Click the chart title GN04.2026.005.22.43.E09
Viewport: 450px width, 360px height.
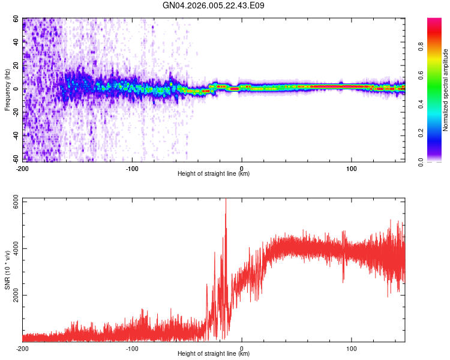coord(214,5)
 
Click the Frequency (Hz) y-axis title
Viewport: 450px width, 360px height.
coord(7,89)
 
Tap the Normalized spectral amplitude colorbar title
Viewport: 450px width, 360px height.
coord(446,90)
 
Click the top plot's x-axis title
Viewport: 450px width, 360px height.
coord(214,173)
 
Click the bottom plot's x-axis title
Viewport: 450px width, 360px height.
coord(214,354)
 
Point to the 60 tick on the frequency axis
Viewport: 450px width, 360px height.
coord(16,19)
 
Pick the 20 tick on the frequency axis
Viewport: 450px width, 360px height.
coord(16,65)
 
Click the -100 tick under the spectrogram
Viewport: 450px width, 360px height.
coord(132,167)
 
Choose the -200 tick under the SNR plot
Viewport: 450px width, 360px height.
coord(23,348)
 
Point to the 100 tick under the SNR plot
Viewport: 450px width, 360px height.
coord(351,348)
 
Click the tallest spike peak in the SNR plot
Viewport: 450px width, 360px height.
coord(226,200)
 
